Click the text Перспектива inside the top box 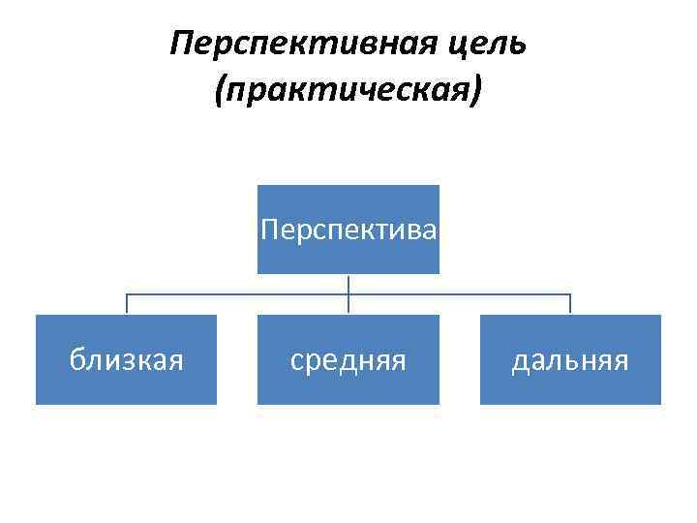[x=348, y=231]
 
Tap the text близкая [x=127, y=360]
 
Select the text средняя [x=348, y=360]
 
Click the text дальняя [x=571, y=360]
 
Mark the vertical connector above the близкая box [x=127, y=304]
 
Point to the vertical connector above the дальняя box [x=571, y=304]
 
